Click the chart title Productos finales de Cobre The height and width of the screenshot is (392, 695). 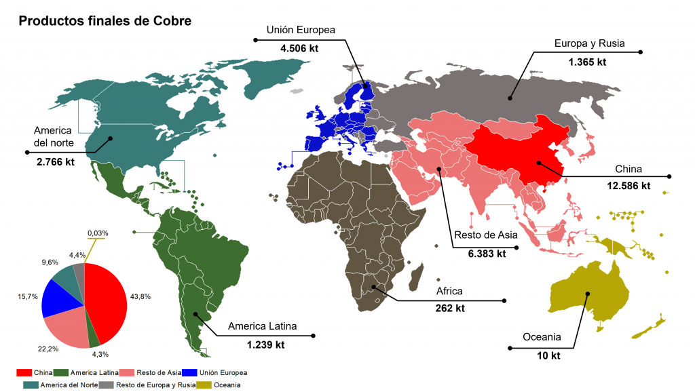click(x=105, y=21)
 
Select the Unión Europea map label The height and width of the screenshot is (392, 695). click(x=301, y=30)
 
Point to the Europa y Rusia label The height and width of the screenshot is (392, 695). click(x=588, y=43)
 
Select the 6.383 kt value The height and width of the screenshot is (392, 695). click(x=487, y=254)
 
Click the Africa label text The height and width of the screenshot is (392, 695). click(x=449, y=291)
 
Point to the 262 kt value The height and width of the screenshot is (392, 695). click(x=450, y=309)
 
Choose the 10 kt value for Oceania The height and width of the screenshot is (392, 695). click(x=542, y=355)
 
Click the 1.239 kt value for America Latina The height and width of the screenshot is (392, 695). click(x=265, y=345)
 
